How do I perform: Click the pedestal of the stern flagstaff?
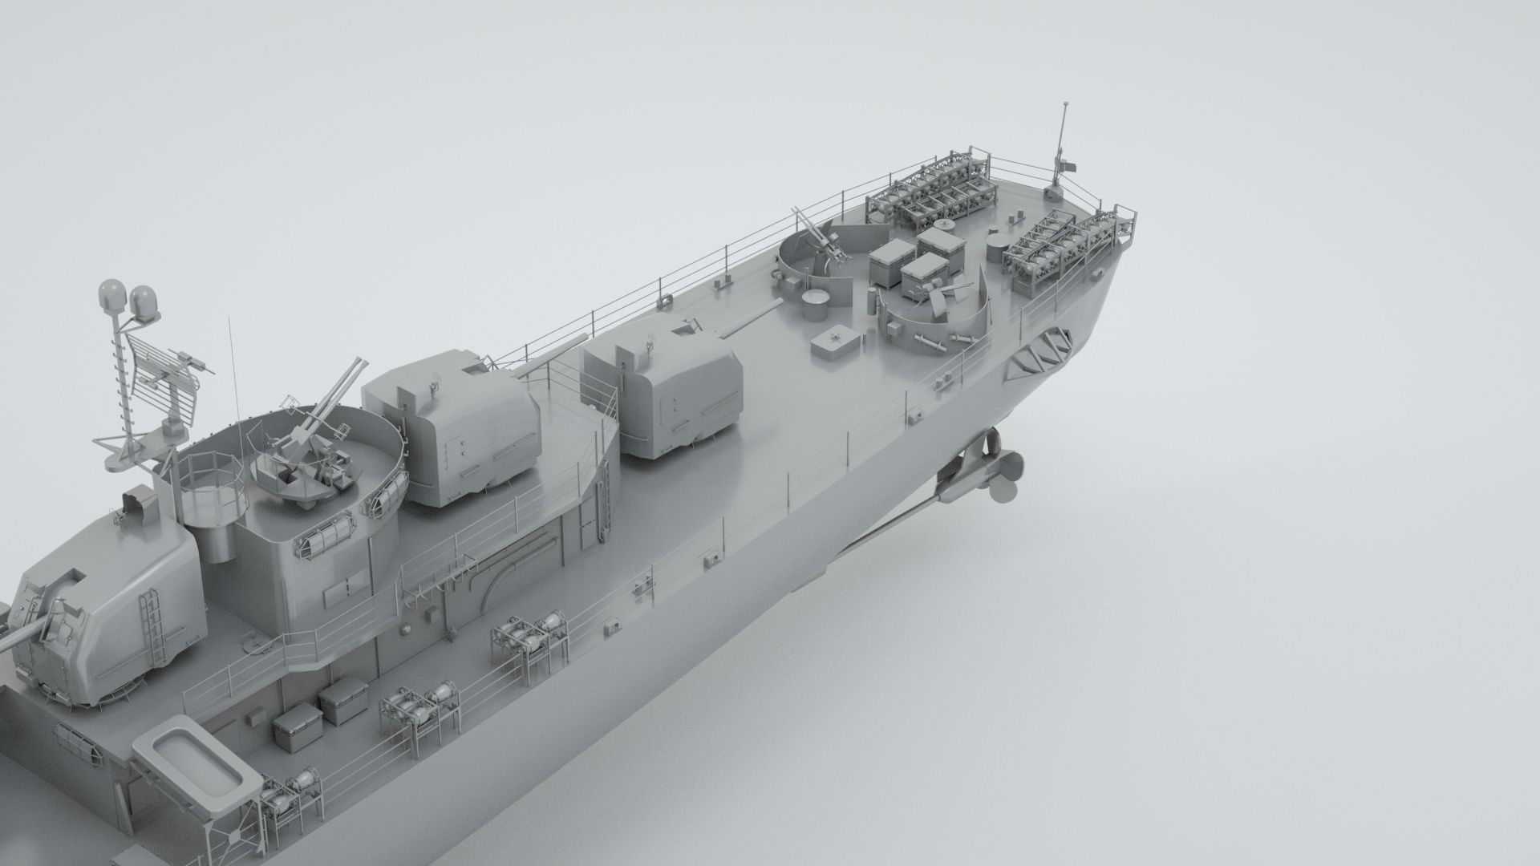1056,190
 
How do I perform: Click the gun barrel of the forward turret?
20,633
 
